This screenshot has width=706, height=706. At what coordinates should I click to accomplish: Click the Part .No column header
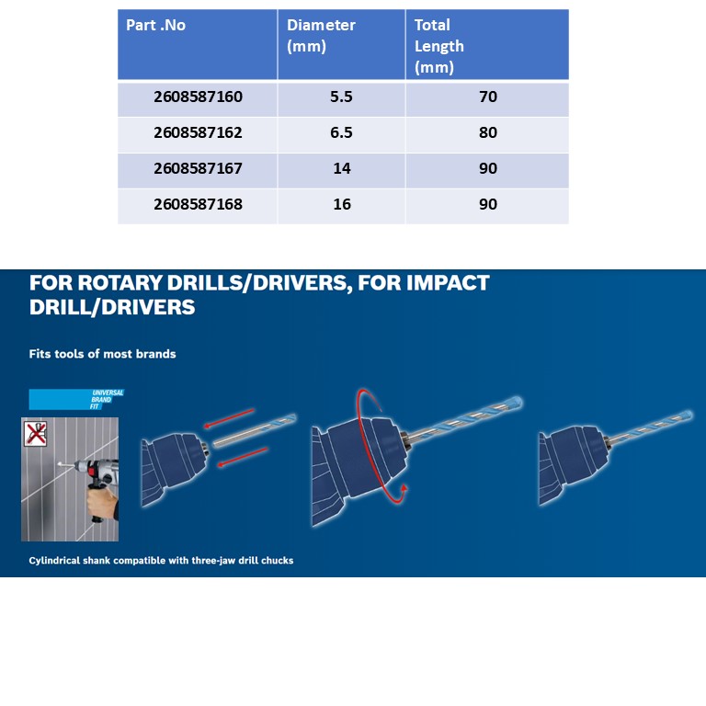click(155, 25)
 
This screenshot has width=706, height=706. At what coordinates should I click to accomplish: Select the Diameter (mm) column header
click(321, 36)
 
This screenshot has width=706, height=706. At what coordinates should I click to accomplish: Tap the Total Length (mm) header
click(439, 46)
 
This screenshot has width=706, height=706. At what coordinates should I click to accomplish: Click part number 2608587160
click(199, 97)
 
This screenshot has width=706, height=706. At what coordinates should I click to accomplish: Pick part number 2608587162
click(199, 132)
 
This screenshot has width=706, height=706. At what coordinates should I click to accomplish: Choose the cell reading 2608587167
click(199, 168)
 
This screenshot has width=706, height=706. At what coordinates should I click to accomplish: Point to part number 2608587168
click(199, 204)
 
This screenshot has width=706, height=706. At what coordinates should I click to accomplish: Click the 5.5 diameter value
click(341, 97)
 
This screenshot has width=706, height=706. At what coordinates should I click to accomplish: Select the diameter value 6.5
click(341, 132)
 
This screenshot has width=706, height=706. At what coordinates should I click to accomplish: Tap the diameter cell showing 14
click(342, 168)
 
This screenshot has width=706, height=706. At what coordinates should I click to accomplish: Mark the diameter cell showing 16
click(342, 204)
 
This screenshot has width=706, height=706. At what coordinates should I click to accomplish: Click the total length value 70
click(488, 97)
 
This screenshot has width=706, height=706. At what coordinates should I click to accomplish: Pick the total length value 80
click(488, 132)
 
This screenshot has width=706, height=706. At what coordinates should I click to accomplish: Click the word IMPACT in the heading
click(448, 283)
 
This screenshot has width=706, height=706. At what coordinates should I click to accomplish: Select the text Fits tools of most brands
click(102, 354)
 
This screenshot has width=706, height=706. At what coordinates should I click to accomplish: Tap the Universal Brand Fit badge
click(76, 399)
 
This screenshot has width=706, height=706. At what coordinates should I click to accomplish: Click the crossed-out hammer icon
click(36, 434)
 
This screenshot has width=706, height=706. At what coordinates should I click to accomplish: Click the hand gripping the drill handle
click(102, 503)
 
